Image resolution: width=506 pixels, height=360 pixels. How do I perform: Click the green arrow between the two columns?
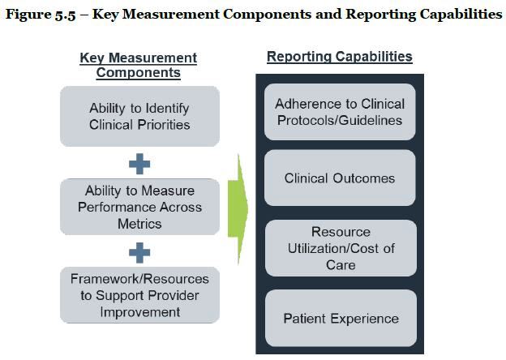pos(238,209)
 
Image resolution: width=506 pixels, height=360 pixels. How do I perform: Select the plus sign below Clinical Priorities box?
pos(139,164)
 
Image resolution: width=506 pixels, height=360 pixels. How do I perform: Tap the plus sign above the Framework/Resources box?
pos(139,253)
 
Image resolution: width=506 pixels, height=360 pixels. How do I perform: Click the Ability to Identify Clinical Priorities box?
pos(139,116)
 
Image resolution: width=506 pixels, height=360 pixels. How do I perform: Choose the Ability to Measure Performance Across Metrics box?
pos(139,207)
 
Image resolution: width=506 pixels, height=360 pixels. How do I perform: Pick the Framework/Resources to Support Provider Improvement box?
pos(139,295)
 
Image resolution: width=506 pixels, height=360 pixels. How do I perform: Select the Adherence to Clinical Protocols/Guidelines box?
pos(340,112)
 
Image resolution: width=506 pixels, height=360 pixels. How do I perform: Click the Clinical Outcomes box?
pos(340,178)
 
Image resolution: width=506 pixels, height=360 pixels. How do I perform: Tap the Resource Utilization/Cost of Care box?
pos(341,248)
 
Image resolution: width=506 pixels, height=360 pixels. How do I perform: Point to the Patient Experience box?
pos(341,318)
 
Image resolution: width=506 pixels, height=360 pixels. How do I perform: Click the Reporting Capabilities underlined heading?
pos(340,57)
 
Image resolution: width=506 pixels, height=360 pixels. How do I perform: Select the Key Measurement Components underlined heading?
pos(139,65)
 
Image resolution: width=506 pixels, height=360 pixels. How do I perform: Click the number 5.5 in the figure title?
pos(65,15)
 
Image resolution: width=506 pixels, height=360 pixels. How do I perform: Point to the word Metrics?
pos(139,224)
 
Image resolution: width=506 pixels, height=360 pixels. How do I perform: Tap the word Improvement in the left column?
pos(140,312)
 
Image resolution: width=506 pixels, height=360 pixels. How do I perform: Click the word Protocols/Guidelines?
pos(340,120)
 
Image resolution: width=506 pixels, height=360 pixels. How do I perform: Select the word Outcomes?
pos(363,178)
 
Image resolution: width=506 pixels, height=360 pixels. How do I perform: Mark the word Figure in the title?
pos(28,15)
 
